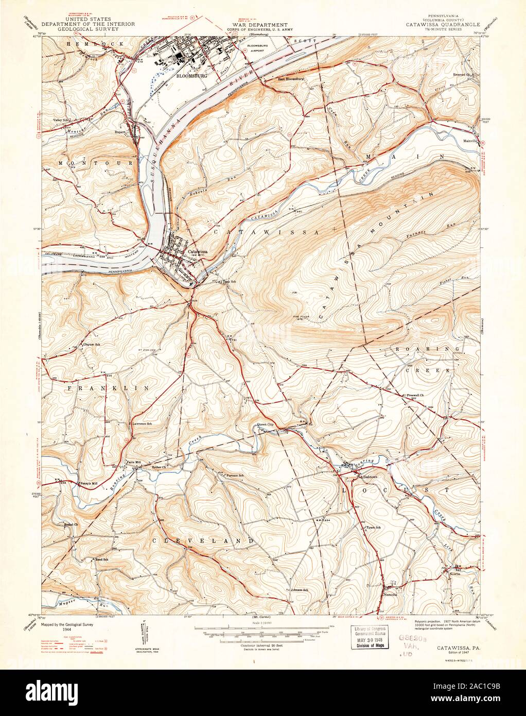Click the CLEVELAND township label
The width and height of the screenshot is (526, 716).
tap(203, 541)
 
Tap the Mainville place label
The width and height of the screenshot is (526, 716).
tap(471, 140)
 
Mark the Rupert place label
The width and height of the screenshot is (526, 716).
tap(121, 131)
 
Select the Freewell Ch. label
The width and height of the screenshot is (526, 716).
tap(414, 396)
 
